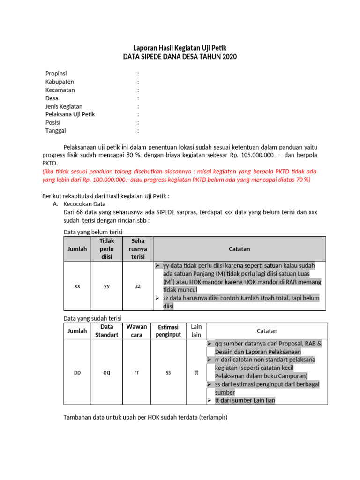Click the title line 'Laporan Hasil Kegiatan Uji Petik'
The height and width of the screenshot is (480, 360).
click(180, 48)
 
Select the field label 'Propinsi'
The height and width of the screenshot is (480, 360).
click(56, 74)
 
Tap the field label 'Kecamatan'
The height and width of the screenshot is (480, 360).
click(60, 90)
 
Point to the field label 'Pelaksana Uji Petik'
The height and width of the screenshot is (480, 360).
click(70, 114)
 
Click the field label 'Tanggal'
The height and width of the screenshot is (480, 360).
click(56, 131)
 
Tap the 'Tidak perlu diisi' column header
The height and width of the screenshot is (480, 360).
click(107, 248)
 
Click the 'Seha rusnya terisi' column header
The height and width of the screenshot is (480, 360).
click(138, 248)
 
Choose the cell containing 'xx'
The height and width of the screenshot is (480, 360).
click(77, 285)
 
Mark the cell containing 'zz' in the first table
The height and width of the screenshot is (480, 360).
click(138, 285)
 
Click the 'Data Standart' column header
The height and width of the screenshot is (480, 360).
click(107, 330)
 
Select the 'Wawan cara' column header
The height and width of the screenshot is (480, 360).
click(136, 330)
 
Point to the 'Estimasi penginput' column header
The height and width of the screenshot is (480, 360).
click(169, 330)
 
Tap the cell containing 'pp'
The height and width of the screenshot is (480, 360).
click(77, 372)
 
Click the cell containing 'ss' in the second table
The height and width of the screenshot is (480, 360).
click(169, 372)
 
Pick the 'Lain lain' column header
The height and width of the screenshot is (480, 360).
click(196, 330)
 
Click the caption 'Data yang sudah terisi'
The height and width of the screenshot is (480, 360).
click(92, 318)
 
